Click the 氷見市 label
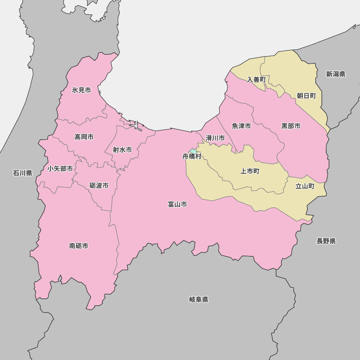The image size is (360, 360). pyautogui.click(x=81, y=90)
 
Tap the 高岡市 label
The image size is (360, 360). pyautogui.click(x=84, y=137)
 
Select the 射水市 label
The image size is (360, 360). pyautogui.click(x=122, y=150)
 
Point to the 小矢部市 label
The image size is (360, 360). pyautogui.click(x=60, y=168)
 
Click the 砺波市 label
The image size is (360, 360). pyautogui.click(x=99, y=186)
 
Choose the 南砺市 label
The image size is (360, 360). pyautogui.click(x=79, y=246)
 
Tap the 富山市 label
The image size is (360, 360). pyautogui.click(x=177, y=204)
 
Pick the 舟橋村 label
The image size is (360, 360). pyautogui.click(x=192, y=157)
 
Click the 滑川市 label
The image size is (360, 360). pyautogui.click(x=215, y=138)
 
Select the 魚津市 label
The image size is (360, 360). pyautogui.click(x=241, y=126)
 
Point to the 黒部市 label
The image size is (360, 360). pyautogui.click(x=291, y=126)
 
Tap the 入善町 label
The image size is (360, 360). pyautogui.click(x=256, y=80)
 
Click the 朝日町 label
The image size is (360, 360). pyautogui.click(x=306, y=96)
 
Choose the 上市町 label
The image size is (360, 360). pyautogui.click(x=250, y=171)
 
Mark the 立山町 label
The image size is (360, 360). pyautogui.click(x=305, y=186)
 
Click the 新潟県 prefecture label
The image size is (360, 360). pyautogui.click(x=336, y=74)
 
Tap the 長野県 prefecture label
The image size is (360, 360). pyautogui.click(x=326, y=241)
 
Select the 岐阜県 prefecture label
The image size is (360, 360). pyautogui.click(x=199, y=300)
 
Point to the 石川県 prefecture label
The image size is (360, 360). pyautogui.click(x=23, y=173)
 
